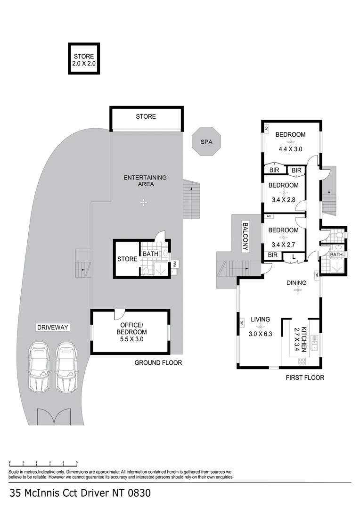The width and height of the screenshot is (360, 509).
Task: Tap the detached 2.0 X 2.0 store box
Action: pos(83,59)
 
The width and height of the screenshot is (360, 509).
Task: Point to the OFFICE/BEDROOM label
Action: pos(131,328)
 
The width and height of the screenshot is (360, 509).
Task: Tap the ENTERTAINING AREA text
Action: pos(145,181)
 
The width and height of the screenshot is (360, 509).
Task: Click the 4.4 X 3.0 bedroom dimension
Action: pos(290,149)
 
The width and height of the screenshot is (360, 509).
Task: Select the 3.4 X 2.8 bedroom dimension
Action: pos(283,200)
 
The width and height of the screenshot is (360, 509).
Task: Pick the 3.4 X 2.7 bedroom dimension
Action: pos(283,245)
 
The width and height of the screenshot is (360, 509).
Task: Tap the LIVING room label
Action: pos(260,319)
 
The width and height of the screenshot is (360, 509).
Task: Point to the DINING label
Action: pos(297,283)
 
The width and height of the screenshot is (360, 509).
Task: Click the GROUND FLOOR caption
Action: pos(158,362)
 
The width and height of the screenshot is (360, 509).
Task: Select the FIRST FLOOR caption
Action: pos(305,378)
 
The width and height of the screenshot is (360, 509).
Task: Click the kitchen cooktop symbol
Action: pos(302,362)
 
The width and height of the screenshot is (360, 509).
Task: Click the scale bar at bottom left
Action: pos(43,463)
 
